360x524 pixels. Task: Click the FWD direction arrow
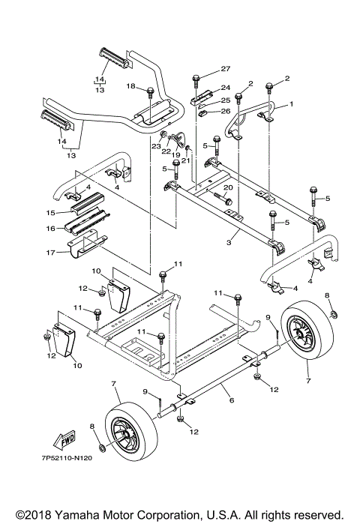64,439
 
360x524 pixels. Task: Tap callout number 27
226,69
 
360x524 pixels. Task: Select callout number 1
291,104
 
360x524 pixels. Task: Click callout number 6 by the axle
231,400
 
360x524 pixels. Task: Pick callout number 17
50,253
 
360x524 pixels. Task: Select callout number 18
130,86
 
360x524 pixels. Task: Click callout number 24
226,88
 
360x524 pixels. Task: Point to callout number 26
226,111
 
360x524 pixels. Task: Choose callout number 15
50,213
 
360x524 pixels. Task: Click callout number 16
50,229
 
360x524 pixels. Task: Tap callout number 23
157,146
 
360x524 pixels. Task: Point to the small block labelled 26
204,113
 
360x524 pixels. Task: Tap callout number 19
175,154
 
